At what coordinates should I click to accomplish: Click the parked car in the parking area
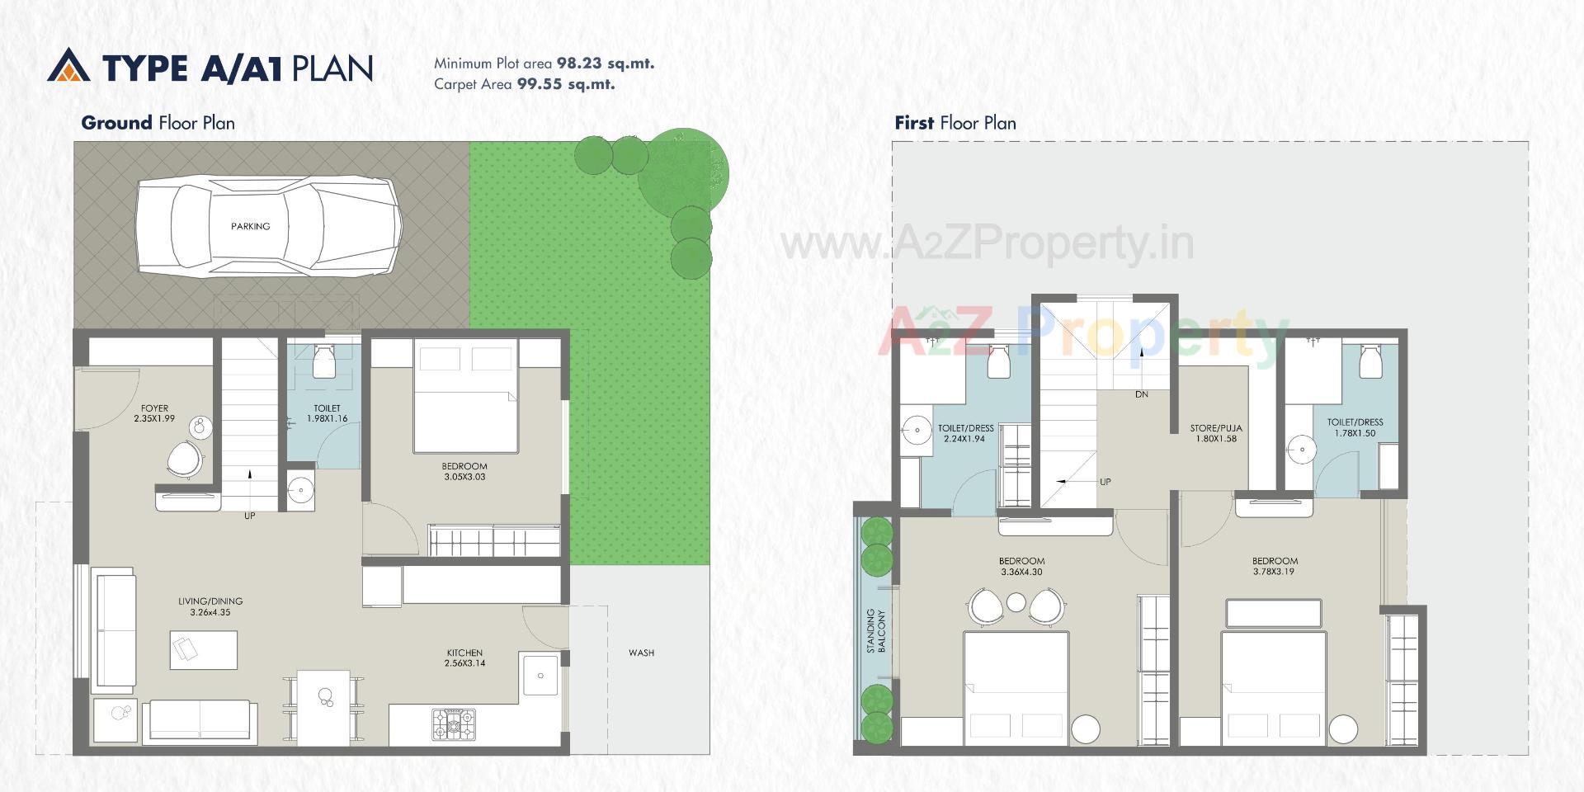point(268,227)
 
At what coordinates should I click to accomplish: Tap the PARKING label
point(250,226)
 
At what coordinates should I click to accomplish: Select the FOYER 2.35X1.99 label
point(154,413)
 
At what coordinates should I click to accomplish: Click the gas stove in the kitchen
point(454,724)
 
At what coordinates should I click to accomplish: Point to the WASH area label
point(641,653)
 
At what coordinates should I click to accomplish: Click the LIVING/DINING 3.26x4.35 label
point(210,606)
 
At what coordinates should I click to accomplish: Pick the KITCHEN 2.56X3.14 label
point(464,658)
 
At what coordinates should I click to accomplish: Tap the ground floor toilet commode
point(323,361)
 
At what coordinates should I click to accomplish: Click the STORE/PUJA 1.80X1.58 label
point(1216,433)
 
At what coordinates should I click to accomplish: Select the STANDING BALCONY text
point(875,632)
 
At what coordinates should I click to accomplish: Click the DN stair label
point(1142,394)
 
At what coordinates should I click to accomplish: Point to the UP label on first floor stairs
point(1105,482)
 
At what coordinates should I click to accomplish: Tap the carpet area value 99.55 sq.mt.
point(565,84)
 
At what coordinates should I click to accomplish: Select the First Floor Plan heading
point(955,123)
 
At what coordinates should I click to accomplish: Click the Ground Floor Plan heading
point(158,123)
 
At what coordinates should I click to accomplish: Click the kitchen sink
point(540,676)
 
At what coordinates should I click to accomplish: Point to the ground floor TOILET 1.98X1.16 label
point(327,413)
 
